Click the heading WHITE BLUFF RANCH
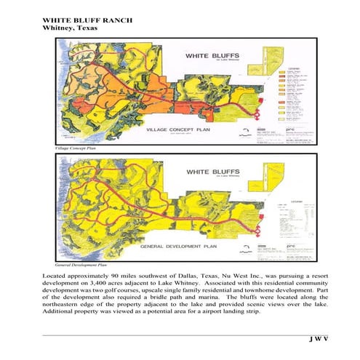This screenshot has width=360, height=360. click(x=87, y=19)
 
